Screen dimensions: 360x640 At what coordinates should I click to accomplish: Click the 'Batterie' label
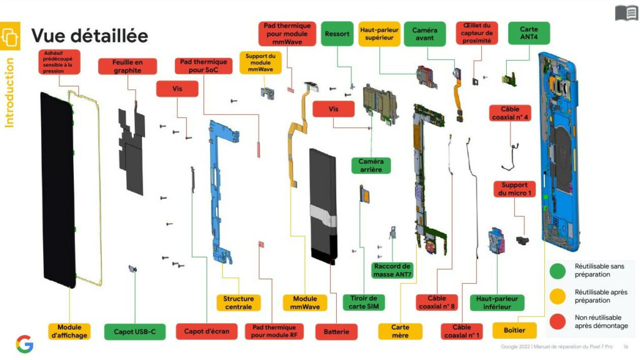click(x=336, y=331)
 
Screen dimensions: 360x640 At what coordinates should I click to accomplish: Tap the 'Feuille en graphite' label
click(x=127, y=67)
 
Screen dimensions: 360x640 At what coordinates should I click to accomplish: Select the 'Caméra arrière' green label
click(x=371, y=166)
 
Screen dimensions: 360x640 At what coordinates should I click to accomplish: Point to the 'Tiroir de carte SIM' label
click(x=364, y=302)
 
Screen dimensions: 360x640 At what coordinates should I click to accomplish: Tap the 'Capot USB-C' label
click(x=135, y=331)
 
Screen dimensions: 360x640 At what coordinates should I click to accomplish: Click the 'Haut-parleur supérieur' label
click(x=379, y=34)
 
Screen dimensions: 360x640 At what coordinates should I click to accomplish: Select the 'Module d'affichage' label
click(x=70, y=331)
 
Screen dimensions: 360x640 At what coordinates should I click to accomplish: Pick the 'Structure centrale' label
click(x=238, y=302)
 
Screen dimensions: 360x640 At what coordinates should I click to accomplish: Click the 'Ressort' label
click(x=337, y=34)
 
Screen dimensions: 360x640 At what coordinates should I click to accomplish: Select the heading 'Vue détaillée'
click(x=89, y=36)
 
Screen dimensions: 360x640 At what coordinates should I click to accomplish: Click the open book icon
click(x=626, y=12)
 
